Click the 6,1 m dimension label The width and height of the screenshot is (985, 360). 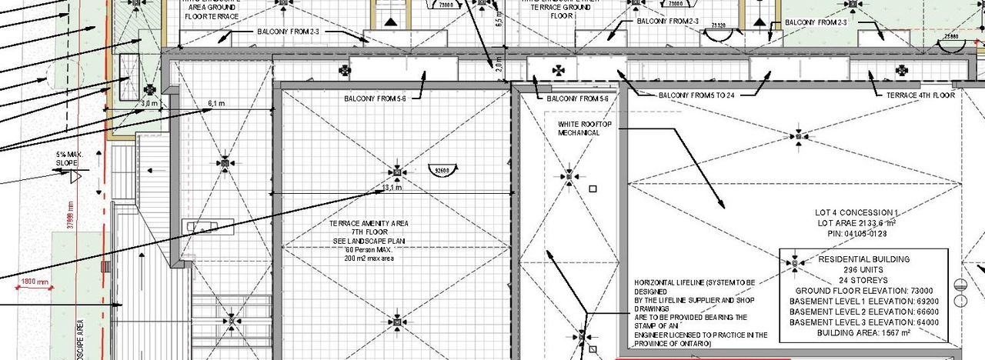point(216,104)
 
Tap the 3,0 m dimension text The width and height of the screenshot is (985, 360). point(149,103)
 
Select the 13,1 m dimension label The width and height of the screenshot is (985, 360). point(392,188)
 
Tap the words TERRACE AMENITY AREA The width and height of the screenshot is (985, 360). point(369,224)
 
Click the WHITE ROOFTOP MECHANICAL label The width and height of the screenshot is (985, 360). point(579,128)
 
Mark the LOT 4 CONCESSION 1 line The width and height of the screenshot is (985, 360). point(856,212)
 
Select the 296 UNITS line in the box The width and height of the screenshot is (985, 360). point(863,270)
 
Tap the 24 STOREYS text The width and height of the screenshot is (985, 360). point(863,280)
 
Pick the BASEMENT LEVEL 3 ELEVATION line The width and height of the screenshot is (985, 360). point(863,323)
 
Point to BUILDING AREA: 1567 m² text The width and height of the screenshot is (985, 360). point(863,333)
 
